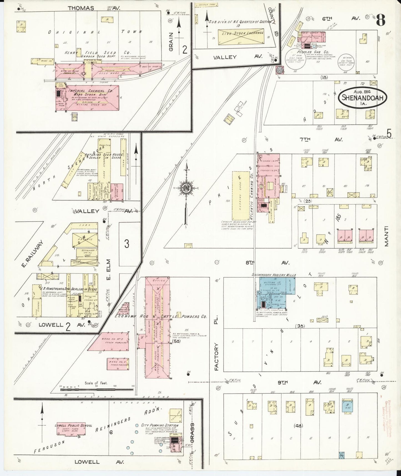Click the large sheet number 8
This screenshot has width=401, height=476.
(x=381, y=20)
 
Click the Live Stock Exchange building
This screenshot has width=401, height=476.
(x=241, y=37)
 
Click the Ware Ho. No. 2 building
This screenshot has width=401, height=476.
(x=110, y=343)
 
